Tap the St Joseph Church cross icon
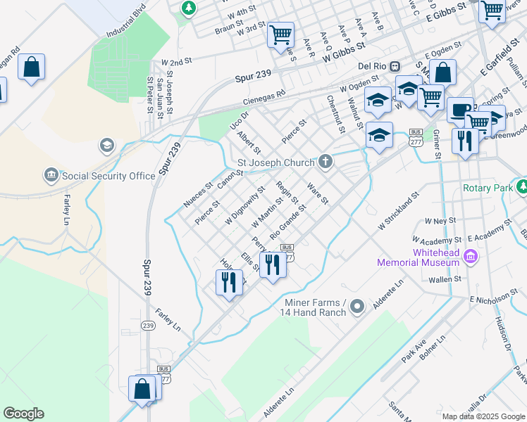325,162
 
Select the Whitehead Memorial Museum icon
471,257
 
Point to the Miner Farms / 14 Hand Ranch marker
357,305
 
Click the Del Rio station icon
395,66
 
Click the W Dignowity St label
244,205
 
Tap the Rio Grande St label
288,220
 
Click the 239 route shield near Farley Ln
147,326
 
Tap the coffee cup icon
460,109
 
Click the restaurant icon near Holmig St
228,283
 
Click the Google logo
23,414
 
